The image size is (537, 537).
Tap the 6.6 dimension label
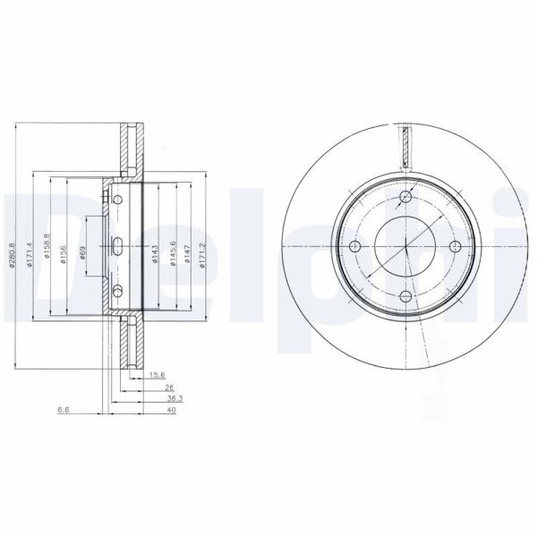64,412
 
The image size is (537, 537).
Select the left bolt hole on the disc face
354,247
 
